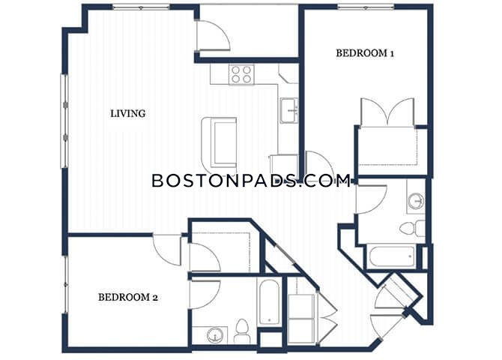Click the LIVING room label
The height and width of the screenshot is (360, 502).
tap(127, 113)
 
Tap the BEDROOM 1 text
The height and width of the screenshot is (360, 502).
tap(365, 53)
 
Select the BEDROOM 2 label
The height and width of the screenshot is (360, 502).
tap(127, 298)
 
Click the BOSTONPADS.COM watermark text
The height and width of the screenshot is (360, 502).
tap(251, 181)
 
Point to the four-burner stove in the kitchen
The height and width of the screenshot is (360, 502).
tap(241, 74)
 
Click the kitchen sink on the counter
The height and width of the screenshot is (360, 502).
tap(289, 110)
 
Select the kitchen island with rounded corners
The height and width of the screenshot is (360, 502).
tap(219, 142)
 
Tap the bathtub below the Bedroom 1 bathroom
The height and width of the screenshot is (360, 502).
tap(391, 257)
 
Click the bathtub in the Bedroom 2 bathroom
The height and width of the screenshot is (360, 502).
tap(269, 302)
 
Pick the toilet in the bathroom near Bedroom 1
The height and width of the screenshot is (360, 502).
tap(412, 228)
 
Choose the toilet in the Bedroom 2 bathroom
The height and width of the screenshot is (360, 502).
tap(242, 331)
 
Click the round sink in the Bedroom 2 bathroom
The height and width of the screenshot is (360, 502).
tap(214, 336)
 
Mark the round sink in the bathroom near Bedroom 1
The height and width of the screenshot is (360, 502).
tap(416, 201)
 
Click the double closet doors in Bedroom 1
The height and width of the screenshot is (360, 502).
tap(387, 112)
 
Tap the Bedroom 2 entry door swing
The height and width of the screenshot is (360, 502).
tap(167, 250)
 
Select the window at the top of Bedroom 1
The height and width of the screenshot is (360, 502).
tap(366, 7)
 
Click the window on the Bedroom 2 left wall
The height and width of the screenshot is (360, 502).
tap(66, 284)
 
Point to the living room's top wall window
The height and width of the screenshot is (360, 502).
tap(141, 7)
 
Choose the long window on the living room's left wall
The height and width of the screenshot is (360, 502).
tap(64, 121)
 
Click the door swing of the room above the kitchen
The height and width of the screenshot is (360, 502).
tap(213, 35)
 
